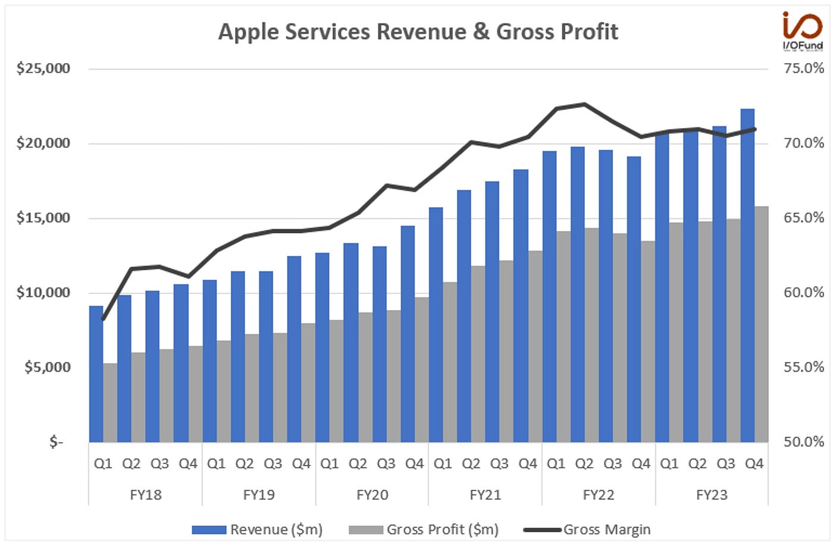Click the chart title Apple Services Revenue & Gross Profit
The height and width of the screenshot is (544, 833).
coord(418,32)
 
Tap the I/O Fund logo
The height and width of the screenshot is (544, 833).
coord(802,31)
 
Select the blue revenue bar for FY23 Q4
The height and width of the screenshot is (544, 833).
coord(747,274)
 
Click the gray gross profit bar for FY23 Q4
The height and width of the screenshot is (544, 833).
coord(761,324)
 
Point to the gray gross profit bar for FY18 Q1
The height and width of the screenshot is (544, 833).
coord(110,402)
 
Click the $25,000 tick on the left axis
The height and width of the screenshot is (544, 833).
coord(43,68)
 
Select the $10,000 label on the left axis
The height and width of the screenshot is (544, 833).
coord(43,292)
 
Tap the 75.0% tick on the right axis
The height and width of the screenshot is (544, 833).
coord(804,68)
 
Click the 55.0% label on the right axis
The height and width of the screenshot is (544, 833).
coord(804,367)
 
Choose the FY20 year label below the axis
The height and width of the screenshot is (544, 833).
coord(372,495)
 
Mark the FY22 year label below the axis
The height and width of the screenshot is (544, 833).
coord(598,495)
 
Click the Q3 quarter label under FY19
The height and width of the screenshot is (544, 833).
coord(273,464)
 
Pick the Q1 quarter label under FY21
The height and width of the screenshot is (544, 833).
coord(443,464)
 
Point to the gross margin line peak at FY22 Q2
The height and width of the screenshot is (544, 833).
coord(585,104)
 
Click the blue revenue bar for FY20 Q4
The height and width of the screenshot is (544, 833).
coord(408,333)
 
